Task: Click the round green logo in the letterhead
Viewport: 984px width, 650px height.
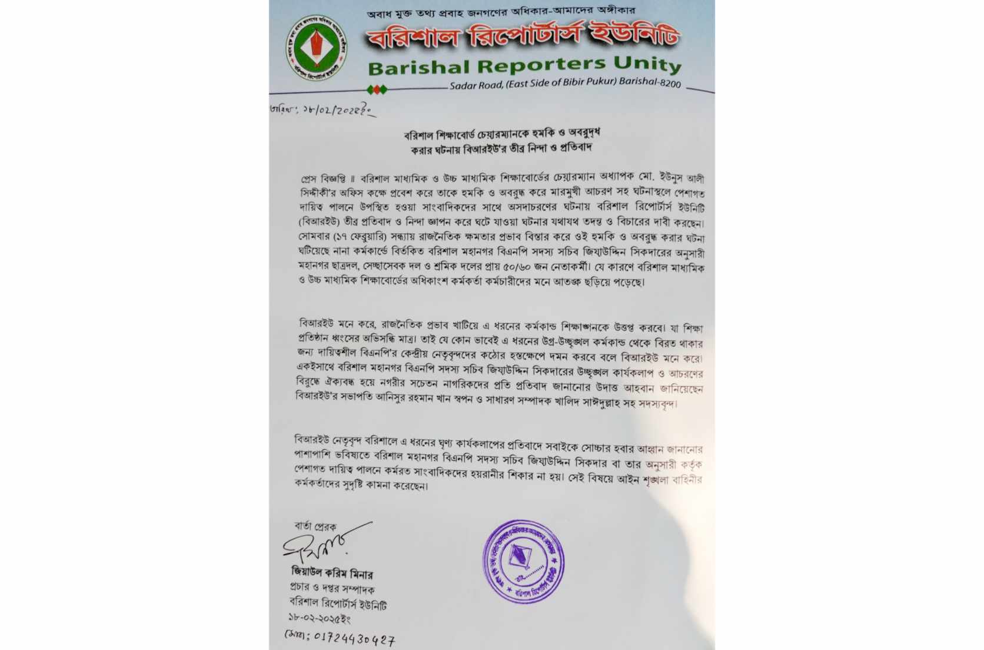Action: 316,48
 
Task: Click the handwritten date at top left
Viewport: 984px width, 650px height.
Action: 321,111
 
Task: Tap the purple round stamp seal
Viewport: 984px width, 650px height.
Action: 523,561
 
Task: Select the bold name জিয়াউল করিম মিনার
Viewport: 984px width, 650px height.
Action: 332,573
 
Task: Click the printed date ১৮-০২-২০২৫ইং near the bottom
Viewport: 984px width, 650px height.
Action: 319,619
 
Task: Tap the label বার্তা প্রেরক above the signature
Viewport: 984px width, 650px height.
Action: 315,526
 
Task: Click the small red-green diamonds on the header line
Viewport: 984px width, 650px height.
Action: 377,89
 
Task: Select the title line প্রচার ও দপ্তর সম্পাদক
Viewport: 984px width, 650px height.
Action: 332,588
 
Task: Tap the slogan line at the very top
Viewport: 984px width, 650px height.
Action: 500,12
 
